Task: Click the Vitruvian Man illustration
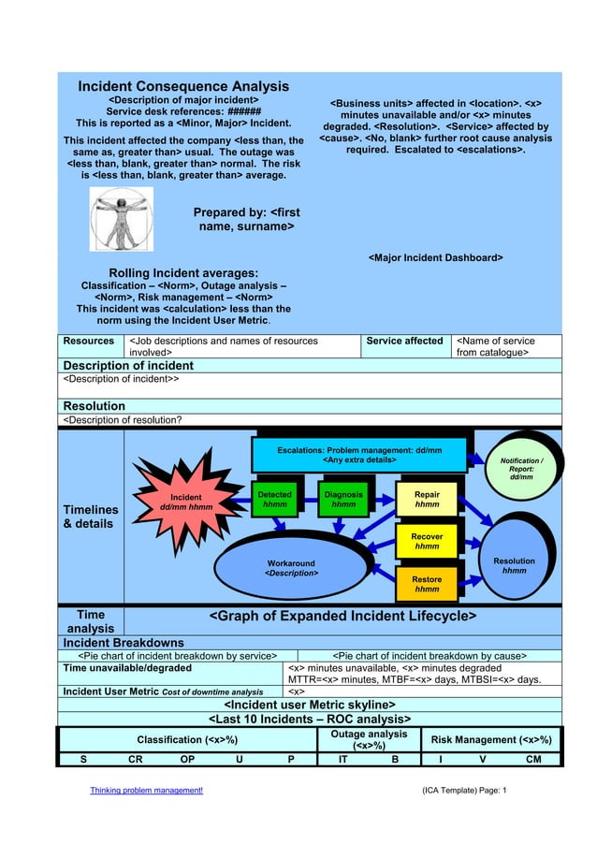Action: tap(122, 218)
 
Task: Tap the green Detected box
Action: tap(274, 500)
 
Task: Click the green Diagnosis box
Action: tap(342, 500)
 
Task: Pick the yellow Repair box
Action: tap(427, 500)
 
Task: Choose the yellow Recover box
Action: tap(427, 541)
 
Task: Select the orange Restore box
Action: tap(427, 584)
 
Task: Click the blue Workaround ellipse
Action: tap(291, 567)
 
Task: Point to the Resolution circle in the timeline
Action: tap(514, 565)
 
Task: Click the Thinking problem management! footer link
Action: tap(146, 791)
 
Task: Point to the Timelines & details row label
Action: tap(90, 517)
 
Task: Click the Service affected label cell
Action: tap(405, 342)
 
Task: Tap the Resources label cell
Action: tap(88, 342)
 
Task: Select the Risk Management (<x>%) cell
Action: tap(490, 739)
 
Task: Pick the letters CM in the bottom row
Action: tap(533, 759)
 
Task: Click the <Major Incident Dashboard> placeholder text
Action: tap(435, 257)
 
